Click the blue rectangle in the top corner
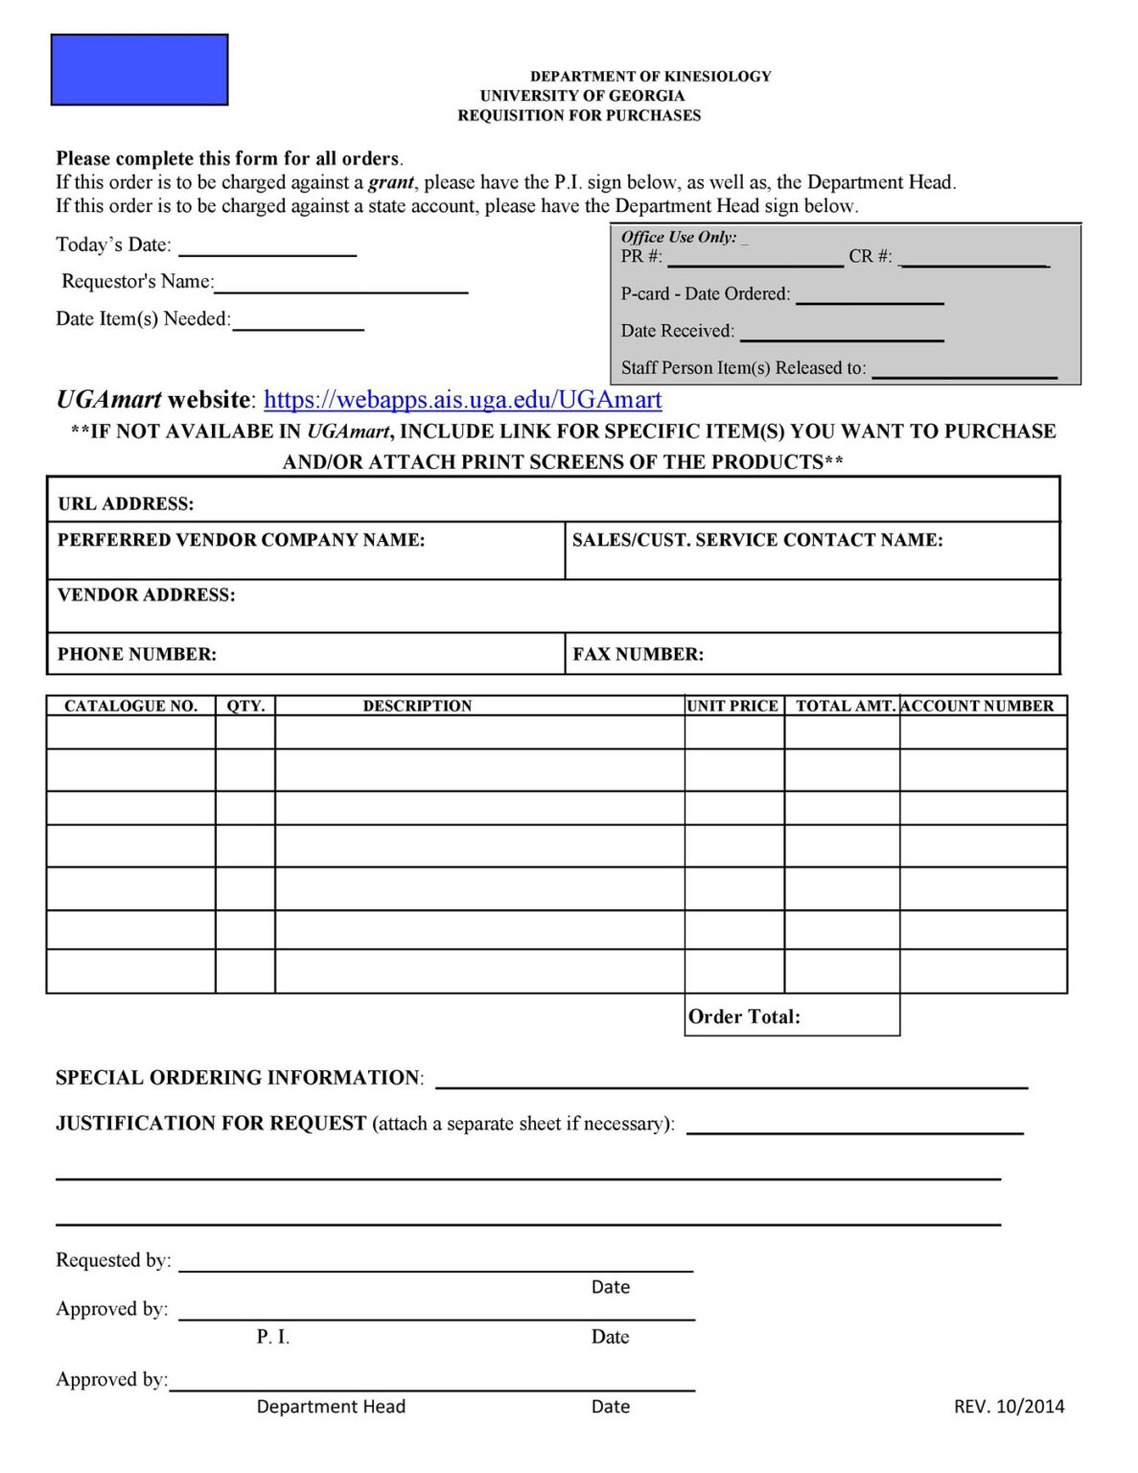tap(139, 70)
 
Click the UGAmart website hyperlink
tap(462, 400)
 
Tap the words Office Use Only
tap(679, 237)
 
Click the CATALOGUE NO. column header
tap(130, 706)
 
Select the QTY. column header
tap(245, 706)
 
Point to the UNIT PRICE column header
tap(733, 706)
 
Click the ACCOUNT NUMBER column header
tap(978, 706)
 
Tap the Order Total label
tap(744, 1017)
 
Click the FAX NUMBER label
tap(639, 654)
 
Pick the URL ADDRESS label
tap(126, 503)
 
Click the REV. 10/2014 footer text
tap(1009, 1406)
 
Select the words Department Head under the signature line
tap(331, 1406)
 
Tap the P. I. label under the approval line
tap(273, 1337)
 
